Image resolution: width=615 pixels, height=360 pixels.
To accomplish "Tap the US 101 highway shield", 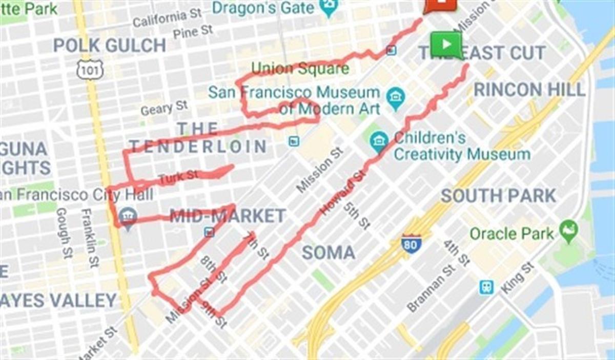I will tap(90, 70).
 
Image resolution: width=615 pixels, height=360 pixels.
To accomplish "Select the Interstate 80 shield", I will tap(411, 244).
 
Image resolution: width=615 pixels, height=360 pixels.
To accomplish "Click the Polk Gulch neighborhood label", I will tap(109, 46).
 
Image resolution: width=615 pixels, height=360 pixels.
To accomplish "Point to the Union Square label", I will tap(300, 69).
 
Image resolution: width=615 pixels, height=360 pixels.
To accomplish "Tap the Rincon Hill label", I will tap(529, 90).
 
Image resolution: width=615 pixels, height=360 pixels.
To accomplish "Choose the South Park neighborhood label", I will tap(498, 196).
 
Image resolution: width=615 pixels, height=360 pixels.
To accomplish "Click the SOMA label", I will tap(328, 252).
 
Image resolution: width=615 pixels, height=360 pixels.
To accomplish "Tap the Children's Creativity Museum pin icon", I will tap(379, 141).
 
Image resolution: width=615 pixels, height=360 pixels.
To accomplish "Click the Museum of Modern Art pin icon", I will tap(396, 98).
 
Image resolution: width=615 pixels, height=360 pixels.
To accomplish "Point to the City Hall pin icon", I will tap(127, 218).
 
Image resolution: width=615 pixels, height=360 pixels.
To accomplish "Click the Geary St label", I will tap(164, 108).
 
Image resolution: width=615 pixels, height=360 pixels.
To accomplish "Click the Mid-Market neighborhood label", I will tap(228, 216).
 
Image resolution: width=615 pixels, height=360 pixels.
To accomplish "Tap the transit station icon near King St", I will tap(486, 287).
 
